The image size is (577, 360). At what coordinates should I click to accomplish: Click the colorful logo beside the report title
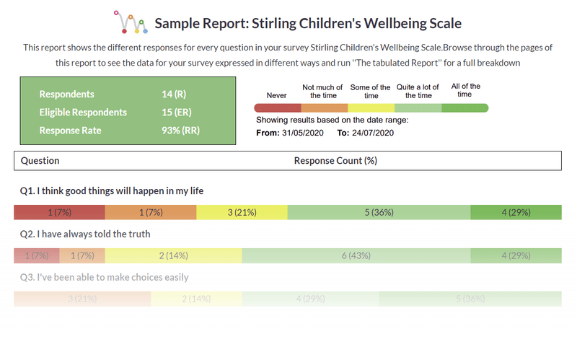click(x=131, y=22)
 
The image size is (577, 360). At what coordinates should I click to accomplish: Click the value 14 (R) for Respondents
click(x=177, y=95)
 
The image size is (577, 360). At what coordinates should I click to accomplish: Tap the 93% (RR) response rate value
click(x=181, y=131)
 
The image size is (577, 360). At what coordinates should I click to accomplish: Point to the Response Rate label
click(x=70, y=131)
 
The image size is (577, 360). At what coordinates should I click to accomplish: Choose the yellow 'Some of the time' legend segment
click(x=371, y=108)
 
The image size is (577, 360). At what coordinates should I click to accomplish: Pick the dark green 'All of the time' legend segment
click(x=464, y=108)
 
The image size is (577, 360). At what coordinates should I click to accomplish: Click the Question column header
click(x=40, y=161)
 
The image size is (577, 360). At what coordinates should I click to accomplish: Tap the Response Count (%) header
click(x=335, y=161)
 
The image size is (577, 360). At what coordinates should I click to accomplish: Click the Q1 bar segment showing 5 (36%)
click(x=379, y=212)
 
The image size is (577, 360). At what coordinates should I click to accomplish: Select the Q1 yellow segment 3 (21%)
click(x=242, y=212)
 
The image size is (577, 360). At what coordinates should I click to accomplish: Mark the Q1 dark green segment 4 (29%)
click(x=516, y=212)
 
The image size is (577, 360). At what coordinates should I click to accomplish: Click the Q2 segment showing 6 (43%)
click(x=356, y=255)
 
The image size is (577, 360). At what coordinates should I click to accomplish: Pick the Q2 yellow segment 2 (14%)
click(x=173, y=255)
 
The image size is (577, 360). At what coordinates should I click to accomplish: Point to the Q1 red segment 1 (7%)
click(x=59, y=212)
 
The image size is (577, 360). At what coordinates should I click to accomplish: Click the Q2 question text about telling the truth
click(x=85, y=234)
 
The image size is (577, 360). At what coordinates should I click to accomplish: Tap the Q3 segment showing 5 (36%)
click(x=470, y=299)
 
